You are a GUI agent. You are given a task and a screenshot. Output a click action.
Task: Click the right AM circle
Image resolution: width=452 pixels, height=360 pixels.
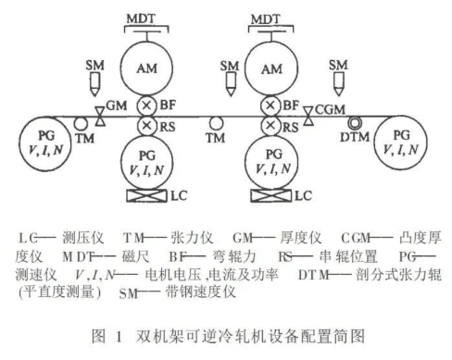(270, 67)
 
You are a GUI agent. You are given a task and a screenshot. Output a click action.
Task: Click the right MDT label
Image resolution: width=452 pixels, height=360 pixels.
(270, 19)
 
